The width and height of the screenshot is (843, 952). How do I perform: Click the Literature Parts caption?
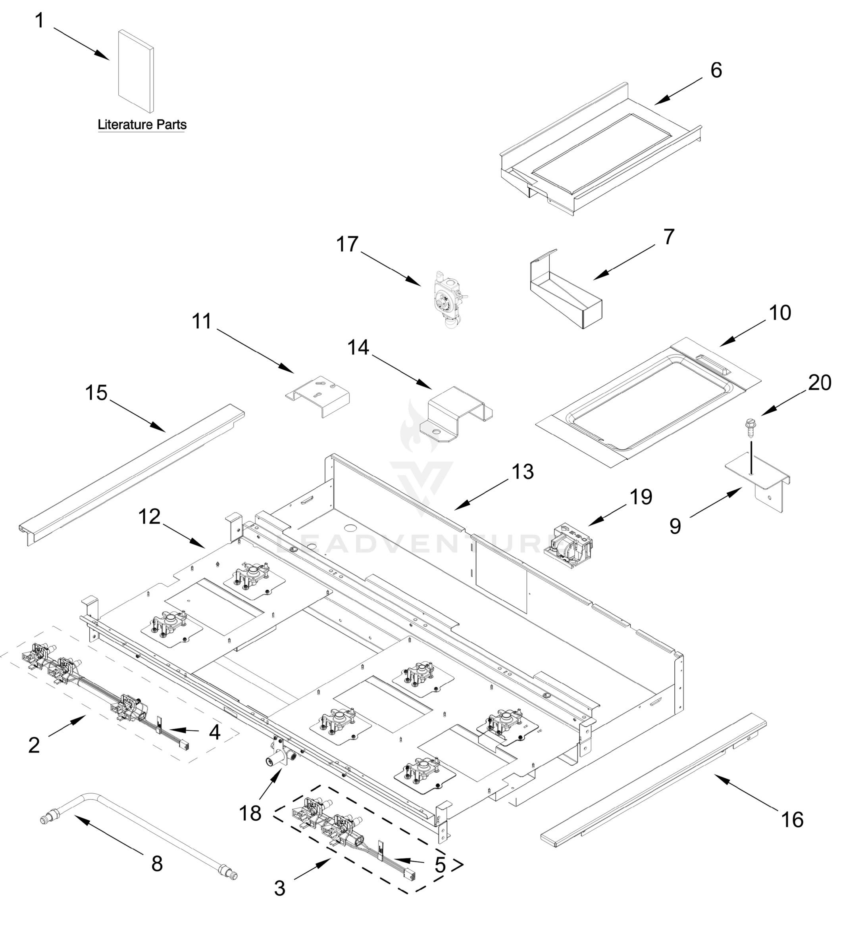(x=142, y=125)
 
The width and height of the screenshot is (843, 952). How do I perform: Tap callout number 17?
(x=348, y=244)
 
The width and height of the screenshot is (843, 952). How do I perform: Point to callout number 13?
(x=523, y=472)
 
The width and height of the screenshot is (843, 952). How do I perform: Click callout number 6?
(x=716, y=70)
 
